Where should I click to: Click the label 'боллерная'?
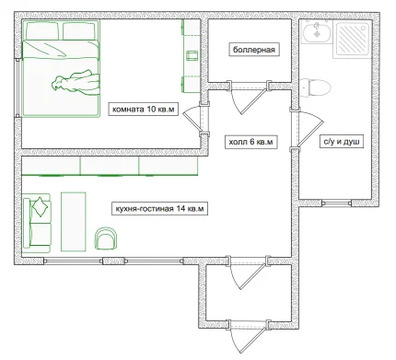[x=254, y=50]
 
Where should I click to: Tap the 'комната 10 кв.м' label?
[x=143, y=109]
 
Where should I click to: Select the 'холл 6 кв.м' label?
[x=251, y=142]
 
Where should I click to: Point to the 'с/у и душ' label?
[x=342, y=142]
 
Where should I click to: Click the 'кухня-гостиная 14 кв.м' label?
[x=160, y=209]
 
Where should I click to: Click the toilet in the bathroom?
[x=315, y=88]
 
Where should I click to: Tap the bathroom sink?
[x=316, y=32]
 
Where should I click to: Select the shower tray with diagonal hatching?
[x=353, y=38]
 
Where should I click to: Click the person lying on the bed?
[x=75, y=82]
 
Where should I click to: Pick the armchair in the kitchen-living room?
[x=106, y=238]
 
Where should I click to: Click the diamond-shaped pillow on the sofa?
[x=40, y=207]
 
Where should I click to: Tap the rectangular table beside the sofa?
[x=73, y=221]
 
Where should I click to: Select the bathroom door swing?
[x=310, y=128]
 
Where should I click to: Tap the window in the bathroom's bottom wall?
[x=336, y=203]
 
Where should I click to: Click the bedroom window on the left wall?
[x=18, y=88]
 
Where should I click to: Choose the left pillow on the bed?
[x=42, y=31]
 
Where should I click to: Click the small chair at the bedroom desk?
[x=192, y=55]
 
